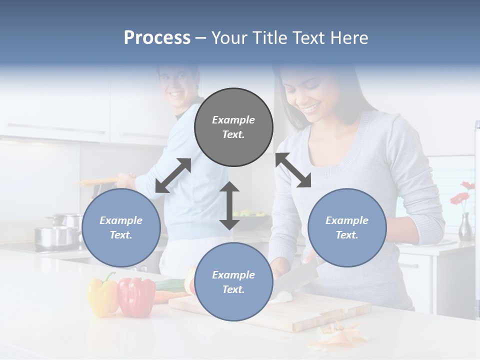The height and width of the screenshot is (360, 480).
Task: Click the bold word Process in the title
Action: coord(157,38)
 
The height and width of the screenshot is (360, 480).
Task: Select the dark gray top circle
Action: coord(233,127)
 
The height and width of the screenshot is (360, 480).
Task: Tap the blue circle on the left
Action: coord(121,227)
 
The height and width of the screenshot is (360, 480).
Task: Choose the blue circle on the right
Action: coord(347,227)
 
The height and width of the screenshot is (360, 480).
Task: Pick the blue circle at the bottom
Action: coord(233,281)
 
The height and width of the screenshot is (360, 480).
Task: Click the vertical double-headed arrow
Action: coord(229,205)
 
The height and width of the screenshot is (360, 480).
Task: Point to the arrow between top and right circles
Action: coord(293,170)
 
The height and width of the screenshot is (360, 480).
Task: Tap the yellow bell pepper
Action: coord(102,295)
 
